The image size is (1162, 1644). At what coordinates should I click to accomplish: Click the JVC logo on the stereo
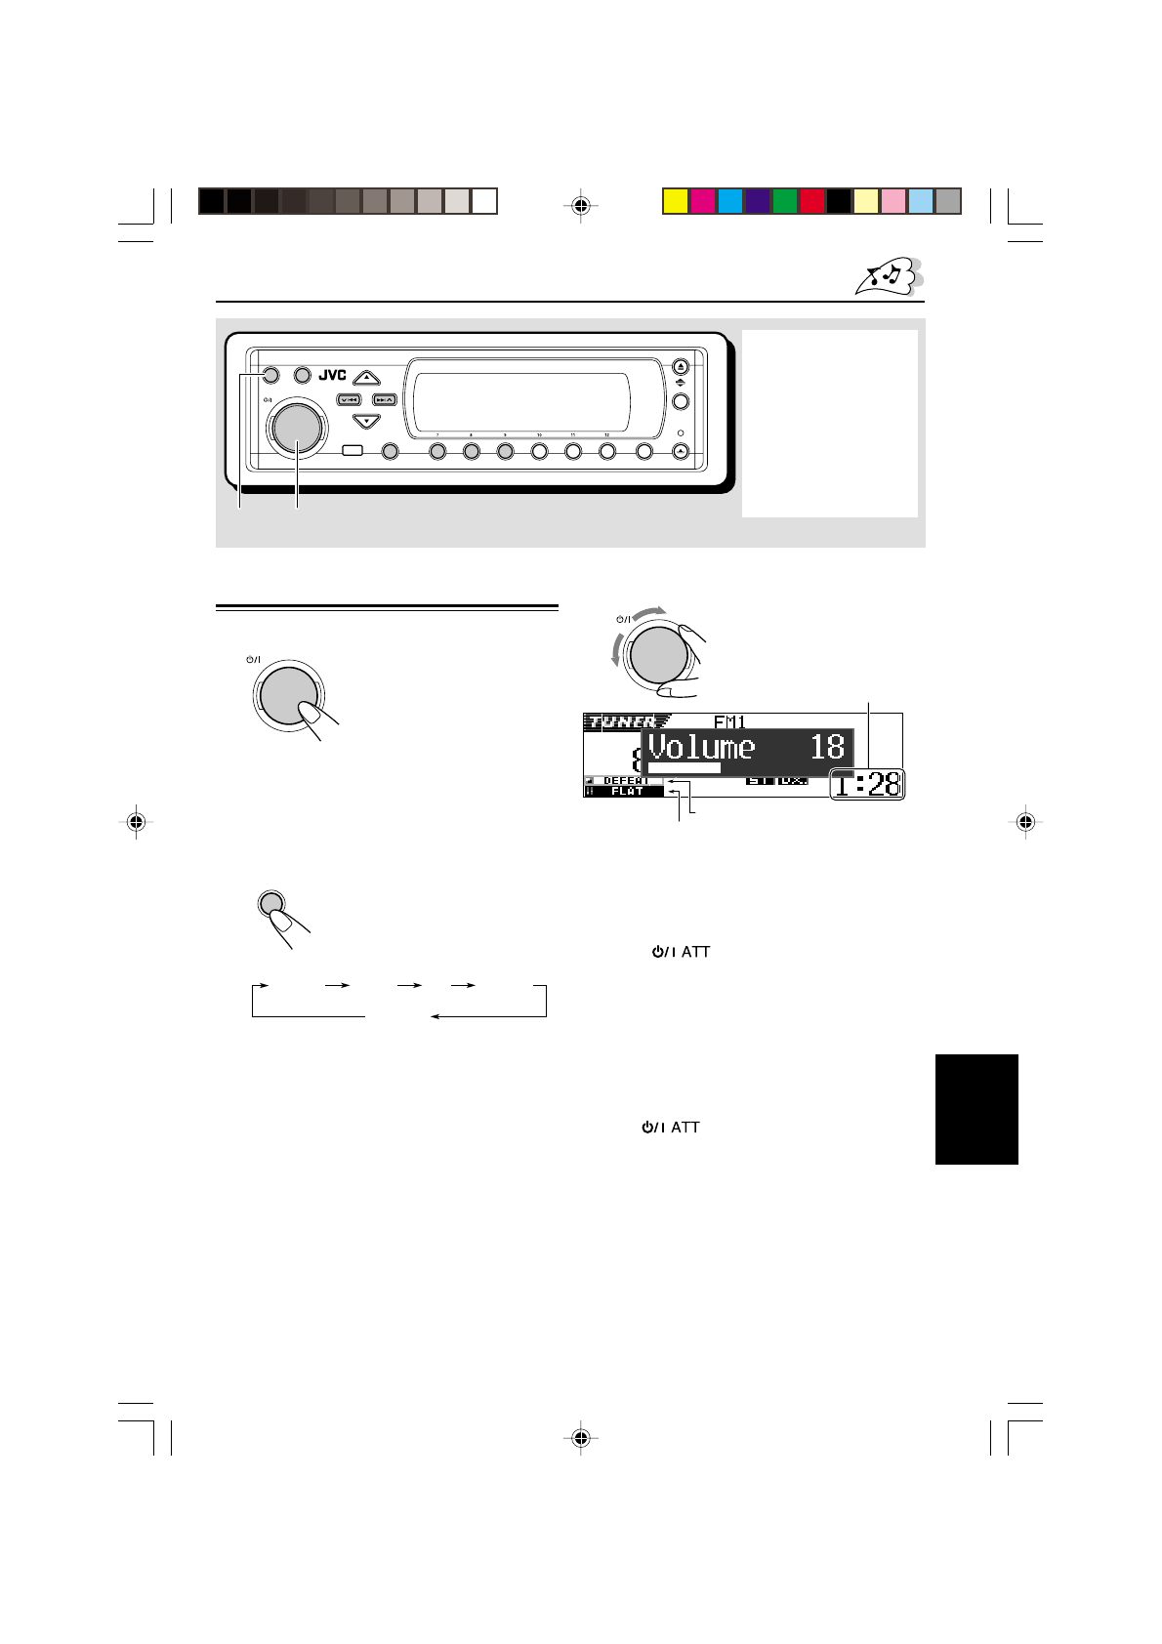pos(333,375)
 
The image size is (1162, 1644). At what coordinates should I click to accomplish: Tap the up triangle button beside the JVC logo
pos(365,376)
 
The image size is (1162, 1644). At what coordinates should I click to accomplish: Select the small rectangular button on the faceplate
pos(354,451)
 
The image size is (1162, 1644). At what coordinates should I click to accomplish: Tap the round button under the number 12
pos(607,451)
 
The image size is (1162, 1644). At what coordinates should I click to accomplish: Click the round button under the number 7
pos(437,451)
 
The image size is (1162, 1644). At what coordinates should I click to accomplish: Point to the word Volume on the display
pos(702,748)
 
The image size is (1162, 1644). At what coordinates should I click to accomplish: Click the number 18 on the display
pos(827,747)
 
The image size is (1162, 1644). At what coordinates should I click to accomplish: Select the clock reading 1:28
pos(868,785)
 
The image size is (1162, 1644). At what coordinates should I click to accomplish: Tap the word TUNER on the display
pos(620,722)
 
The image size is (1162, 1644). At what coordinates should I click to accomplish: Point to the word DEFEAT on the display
pos(625,781)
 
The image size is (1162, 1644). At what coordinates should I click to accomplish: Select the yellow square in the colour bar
pos(675,201)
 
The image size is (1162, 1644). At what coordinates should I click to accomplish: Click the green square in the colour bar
pos(784,201)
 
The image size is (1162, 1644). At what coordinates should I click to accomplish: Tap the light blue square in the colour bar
pos(921,201)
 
